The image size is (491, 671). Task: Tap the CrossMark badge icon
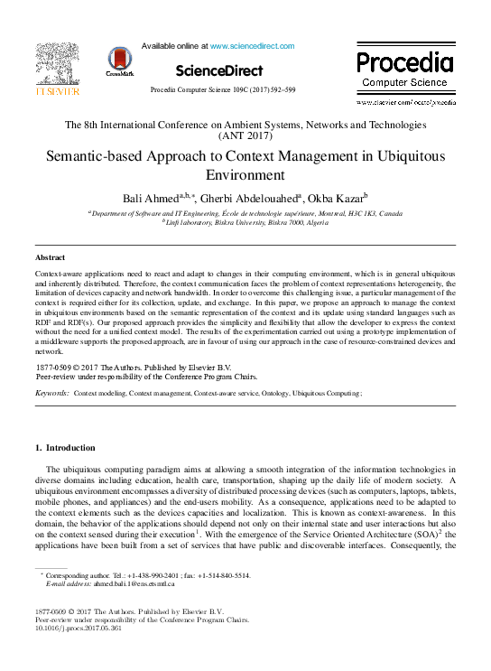pos(119,61)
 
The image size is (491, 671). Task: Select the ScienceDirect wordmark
pos(219,70)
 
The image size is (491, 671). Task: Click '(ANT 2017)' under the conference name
pos(245,136)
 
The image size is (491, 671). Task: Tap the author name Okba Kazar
pos(335,198)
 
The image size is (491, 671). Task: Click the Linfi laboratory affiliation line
pos(244,223)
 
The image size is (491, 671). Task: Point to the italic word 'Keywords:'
pos(51,394)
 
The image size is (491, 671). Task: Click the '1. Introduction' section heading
pos(64,448)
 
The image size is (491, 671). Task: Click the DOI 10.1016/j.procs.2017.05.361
pos(79,629)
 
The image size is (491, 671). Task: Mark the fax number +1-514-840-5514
pos(218,575)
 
